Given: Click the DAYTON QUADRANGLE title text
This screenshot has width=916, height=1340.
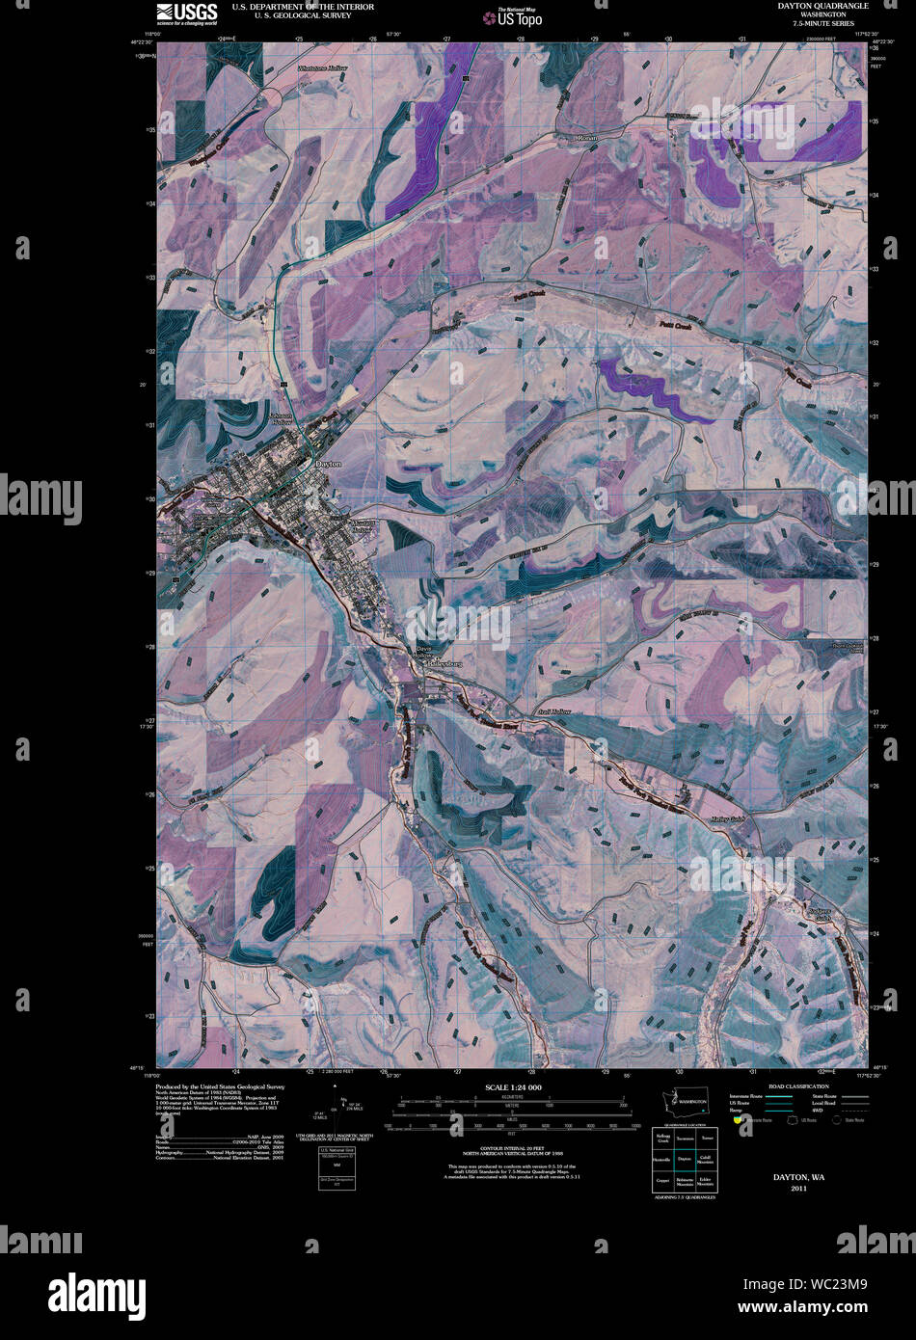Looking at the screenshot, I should (822, 6).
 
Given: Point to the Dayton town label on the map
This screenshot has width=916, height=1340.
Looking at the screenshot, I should (328, 464).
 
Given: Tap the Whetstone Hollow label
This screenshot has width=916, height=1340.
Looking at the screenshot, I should (322, 69).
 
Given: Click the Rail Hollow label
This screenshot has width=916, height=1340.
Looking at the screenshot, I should (554, 711).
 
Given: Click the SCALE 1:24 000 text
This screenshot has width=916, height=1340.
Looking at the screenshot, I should (513, 1086).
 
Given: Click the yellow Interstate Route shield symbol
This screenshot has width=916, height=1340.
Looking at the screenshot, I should (738, 1120).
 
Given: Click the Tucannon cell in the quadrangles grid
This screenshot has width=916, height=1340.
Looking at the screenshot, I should (685, 1139).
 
